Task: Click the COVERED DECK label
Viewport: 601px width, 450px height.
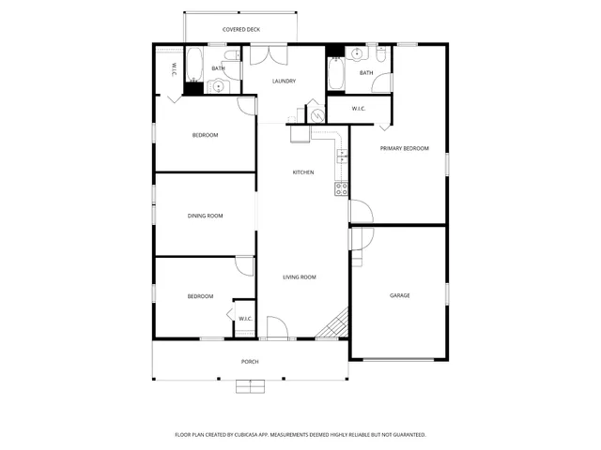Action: (x=240, y=30)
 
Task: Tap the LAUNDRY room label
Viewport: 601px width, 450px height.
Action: (x=284, y=82)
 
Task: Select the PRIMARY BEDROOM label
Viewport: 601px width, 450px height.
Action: (x=404, y=148)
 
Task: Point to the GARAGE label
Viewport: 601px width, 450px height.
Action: (x=400, y=295)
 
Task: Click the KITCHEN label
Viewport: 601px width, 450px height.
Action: (x=302, y=172)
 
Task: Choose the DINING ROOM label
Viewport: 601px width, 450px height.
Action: (x=205, y=217)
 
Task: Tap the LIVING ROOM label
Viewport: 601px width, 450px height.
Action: (x=300, y=277)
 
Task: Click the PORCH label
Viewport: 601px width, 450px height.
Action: (x=250, y=361)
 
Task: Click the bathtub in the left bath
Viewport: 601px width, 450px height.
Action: (x=193, y=65)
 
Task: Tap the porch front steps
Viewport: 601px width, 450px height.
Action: (x=250, y=384)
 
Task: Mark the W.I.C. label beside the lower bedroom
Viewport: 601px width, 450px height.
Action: (x=245, y=319)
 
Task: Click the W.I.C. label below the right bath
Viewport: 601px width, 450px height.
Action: (x=359, y=109)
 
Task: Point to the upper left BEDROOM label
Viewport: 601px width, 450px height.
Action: (x=205, y=135)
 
